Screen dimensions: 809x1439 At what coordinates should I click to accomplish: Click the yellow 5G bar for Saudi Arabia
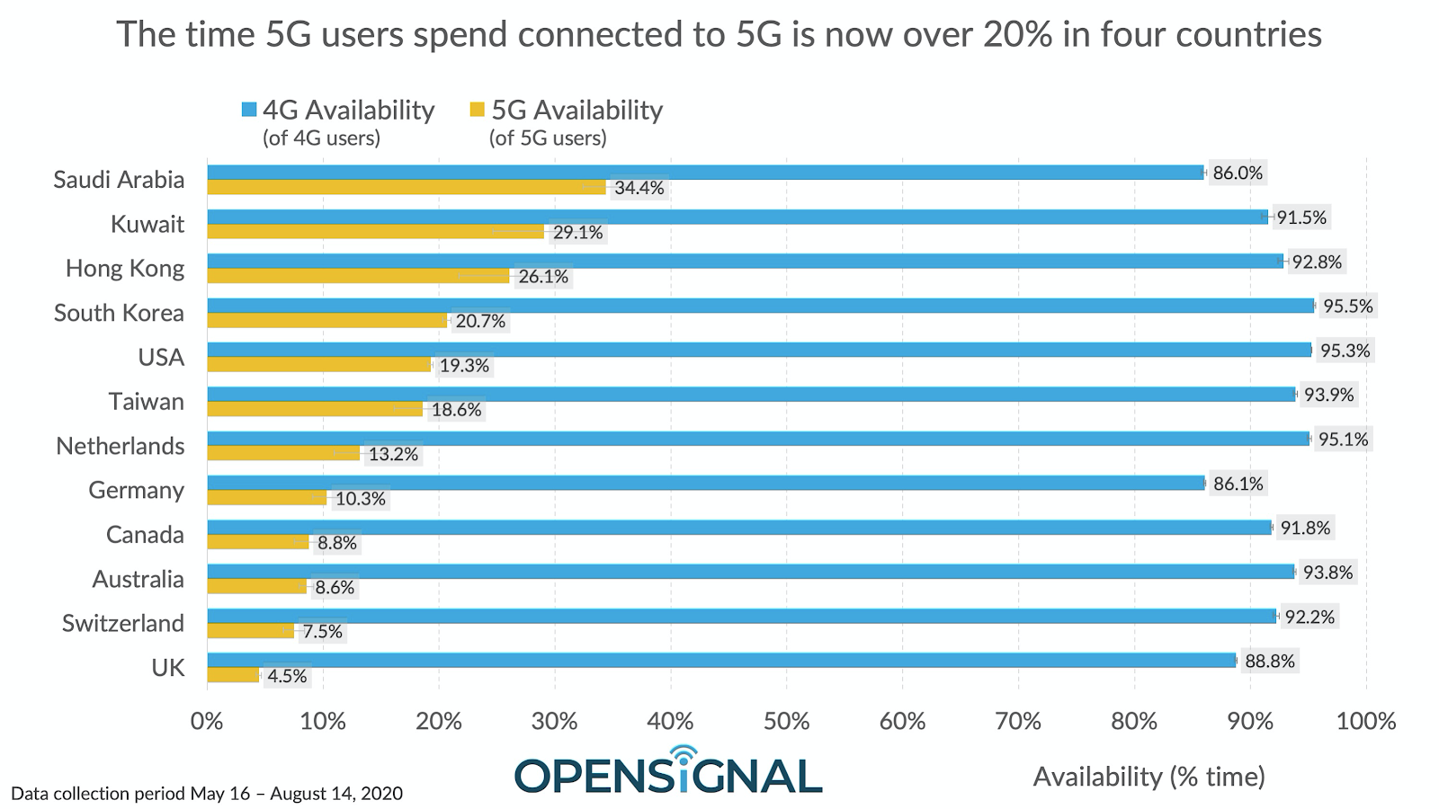coord(407,187)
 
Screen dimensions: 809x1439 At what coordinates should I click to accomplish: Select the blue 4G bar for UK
coord(721,661)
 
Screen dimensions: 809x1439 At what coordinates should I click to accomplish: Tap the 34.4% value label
coord(639,188)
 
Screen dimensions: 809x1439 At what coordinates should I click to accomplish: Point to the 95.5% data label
coord(1348,306)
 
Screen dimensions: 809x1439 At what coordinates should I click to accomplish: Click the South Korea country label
coord(119,313)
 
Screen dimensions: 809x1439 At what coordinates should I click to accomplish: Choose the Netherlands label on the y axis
coord(121,446)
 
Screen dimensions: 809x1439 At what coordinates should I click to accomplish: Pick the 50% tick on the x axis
coord(786,721)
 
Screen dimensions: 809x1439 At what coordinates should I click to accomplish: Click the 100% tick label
coord(1365,721)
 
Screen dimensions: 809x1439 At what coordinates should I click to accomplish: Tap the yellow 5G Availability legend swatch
coord(477,110)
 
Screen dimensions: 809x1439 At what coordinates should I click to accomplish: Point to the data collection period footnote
coord(207,794)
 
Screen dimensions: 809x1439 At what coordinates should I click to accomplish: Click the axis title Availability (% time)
coord(1149,776)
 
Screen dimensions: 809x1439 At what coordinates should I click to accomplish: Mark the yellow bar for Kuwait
coord(375,232)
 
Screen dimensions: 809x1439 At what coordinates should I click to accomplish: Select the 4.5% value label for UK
coord(288,676)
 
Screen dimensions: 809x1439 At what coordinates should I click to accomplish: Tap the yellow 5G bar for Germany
coord(267,498)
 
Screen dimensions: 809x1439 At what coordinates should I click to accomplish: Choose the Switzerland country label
coord(123,623)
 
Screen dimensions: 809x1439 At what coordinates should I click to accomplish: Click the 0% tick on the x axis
coord(207,721)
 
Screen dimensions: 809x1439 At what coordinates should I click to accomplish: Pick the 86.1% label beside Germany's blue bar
coord(1238,484)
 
